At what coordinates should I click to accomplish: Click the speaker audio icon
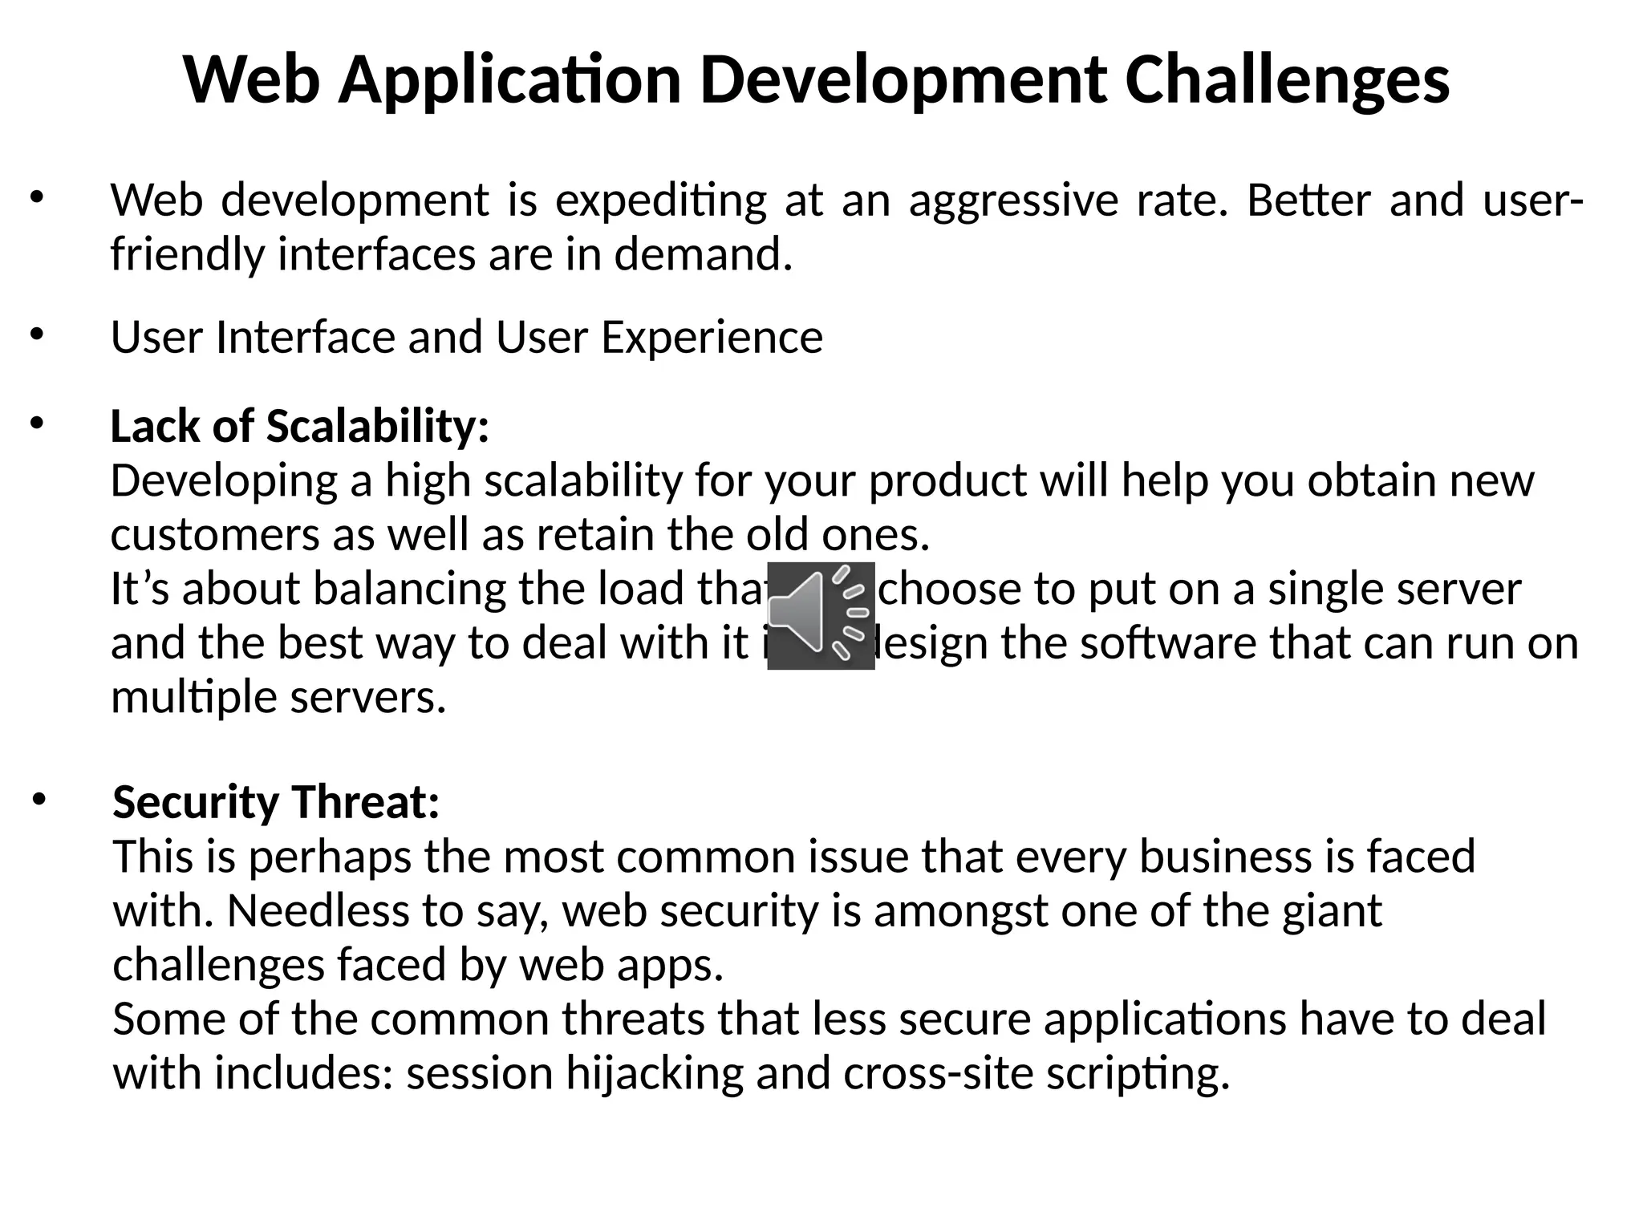click(820, 615)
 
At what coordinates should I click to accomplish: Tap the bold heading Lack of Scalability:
click(299, 426)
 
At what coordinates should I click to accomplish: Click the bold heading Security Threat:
click(276, 802)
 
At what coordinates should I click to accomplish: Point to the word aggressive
click(1012, 201)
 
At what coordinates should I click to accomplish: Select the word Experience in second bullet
click(712, 337)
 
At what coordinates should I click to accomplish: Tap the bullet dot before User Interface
click(37, 334)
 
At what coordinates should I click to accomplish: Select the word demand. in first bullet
click(703, 255)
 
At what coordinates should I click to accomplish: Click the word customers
click(214, 535)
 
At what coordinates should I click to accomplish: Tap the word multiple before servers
click(193, 698)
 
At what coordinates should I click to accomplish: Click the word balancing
click(408, 589)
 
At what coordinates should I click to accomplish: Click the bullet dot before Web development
click(37, 197)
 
